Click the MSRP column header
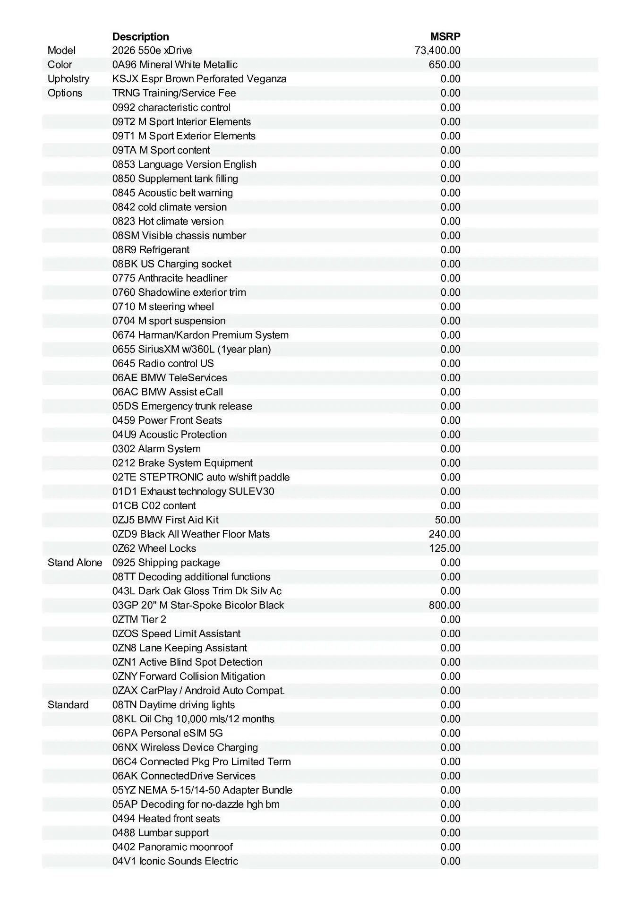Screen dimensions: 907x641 pos(445,36)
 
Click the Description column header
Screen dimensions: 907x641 pos(140,36)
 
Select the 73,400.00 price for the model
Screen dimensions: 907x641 pos(437,51)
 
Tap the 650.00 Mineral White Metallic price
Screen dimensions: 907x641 pos(444,65)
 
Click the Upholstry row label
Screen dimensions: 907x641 pos(68,79)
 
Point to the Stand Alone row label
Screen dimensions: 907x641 pos(75,563)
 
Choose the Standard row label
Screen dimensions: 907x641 pos(68,705)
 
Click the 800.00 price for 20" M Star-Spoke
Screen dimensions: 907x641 pos(444,605)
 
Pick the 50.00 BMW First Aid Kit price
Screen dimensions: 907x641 pos(447,520)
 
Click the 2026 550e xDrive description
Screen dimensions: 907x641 pos(152,51)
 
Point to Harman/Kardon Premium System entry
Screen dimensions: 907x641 pos(200,335)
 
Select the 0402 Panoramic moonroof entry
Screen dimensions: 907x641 pos(172,847)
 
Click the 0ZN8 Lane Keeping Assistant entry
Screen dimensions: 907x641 pos(179,648)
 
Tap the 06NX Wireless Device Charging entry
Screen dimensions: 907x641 pos(185,747)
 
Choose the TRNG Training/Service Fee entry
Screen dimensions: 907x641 pos(174,93)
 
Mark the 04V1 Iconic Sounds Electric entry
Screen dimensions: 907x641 pos(175,861)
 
